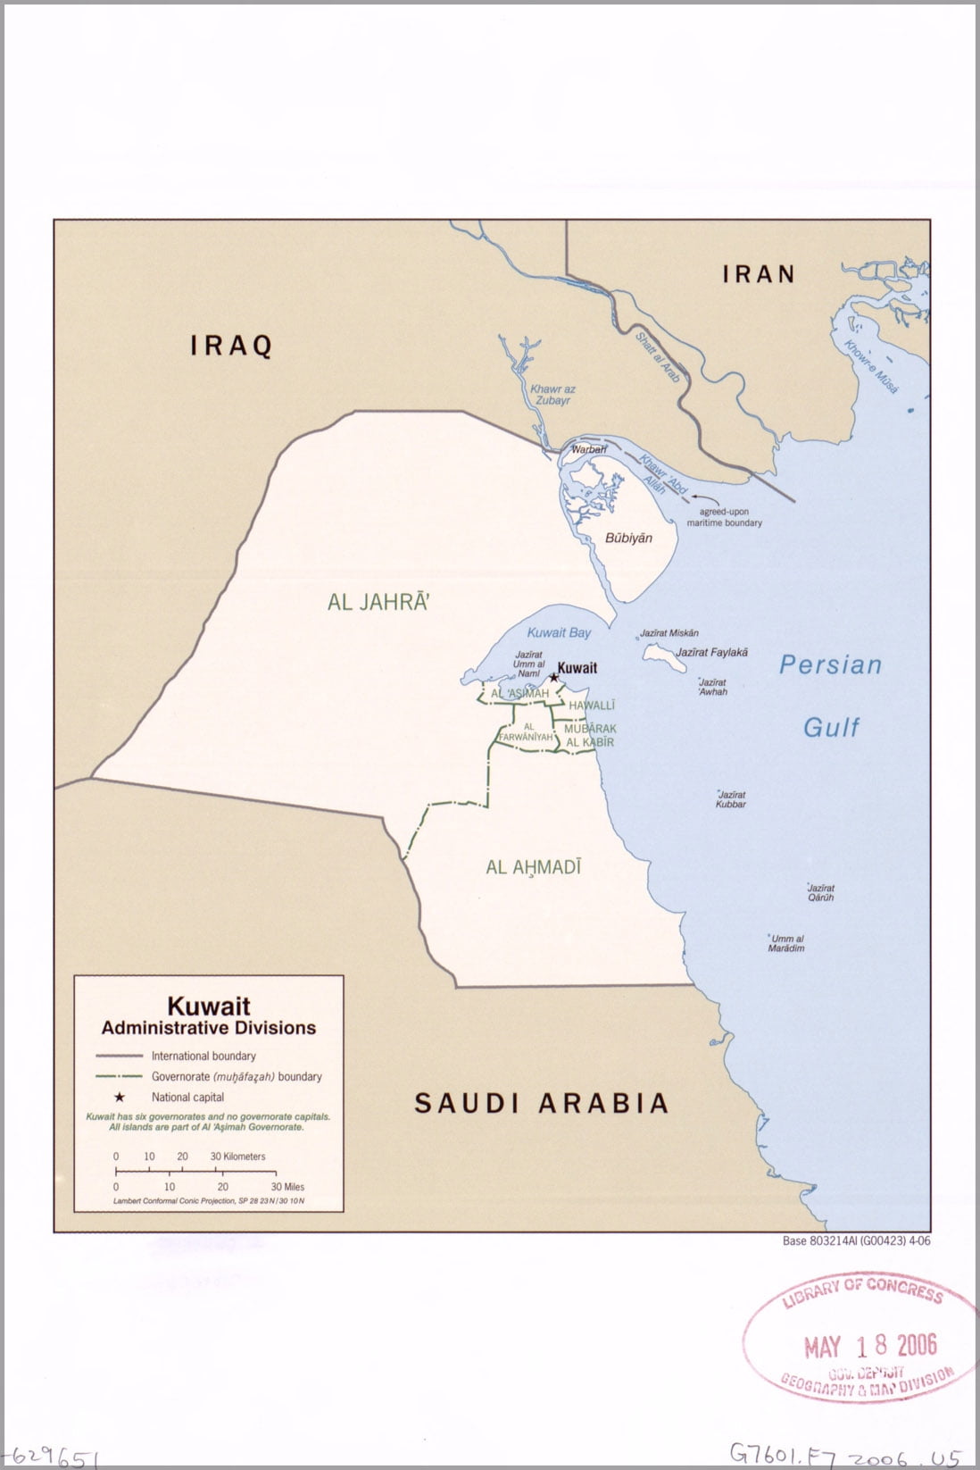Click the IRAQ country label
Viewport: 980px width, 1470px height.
coord(231,346)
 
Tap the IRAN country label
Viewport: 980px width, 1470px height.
coord(759,274)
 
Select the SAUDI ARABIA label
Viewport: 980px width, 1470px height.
coord(542,1103)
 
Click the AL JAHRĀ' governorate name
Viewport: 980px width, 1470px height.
coord(378,602)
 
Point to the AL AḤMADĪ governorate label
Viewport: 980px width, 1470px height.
coord(534,866)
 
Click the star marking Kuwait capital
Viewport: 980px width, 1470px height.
coord(553,678)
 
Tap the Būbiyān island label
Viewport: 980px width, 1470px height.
coord(628,538)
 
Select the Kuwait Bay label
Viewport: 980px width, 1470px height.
coord(559,632)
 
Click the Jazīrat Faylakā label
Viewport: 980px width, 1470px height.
coord(711,653)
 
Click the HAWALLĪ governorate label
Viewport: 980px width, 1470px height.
coord(592,706)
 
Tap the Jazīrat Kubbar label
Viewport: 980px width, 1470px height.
coord(730,799)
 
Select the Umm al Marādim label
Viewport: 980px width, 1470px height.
coord(786,943)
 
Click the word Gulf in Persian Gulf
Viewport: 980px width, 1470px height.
coord(830,727)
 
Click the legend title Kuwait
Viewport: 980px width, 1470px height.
coord(209,1006)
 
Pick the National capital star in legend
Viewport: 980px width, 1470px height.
coord(119,1098)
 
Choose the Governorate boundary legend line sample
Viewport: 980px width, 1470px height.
coord(119,1077)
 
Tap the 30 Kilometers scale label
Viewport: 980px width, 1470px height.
coord(237,1157)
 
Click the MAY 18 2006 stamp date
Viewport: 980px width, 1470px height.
coord(870,1346)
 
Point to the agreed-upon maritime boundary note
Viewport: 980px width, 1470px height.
coord(724,517)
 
